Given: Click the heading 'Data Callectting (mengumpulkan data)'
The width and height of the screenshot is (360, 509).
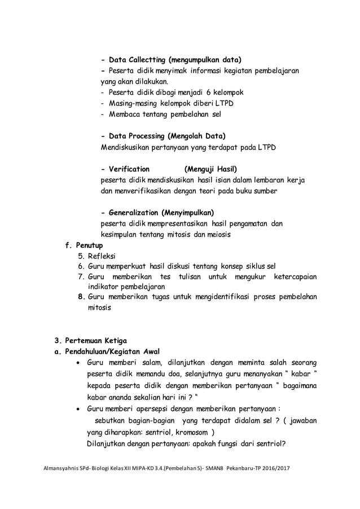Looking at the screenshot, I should (x=174, y=60).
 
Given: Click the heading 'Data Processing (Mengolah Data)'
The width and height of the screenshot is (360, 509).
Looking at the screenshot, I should (x=166, y=137).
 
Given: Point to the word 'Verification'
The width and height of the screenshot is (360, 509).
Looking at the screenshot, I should (x=129, y=169).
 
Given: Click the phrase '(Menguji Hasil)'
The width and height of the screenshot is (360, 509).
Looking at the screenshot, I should (x=210, y=169).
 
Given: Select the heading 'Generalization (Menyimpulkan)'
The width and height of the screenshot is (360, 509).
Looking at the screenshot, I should (x=161, y=213).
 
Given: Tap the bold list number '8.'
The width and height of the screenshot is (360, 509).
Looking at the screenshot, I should (x=81, y=297).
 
